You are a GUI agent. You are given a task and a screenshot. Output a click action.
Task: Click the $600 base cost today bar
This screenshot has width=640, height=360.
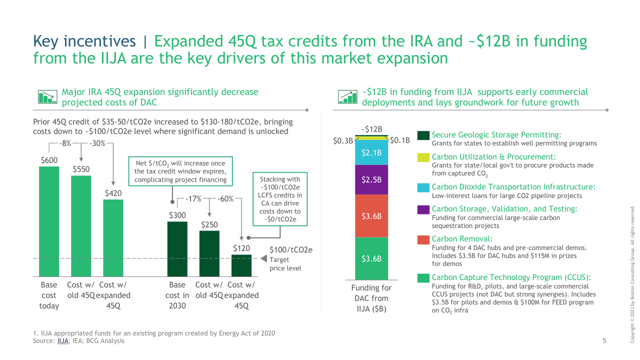(49, 221)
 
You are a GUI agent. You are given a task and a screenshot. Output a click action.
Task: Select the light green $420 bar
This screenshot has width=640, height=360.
(113, 238)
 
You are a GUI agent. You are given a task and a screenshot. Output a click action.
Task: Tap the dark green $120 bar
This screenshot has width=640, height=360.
(241, 265)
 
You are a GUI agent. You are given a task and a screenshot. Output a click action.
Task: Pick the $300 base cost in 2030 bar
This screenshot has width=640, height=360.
(177, 249)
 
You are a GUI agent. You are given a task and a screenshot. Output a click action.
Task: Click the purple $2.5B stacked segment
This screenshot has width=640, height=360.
(371, 179)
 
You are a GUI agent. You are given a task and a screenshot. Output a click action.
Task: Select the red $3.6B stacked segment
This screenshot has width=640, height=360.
(371, 216)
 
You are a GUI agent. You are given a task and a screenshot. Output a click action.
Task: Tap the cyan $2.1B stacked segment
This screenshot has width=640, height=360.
(371, 152)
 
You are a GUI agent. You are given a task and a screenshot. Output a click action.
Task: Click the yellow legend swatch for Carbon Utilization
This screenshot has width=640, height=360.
(423, 157)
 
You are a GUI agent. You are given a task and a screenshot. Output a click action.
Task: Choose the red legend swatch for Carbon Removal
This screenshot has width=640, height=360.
(423, 239)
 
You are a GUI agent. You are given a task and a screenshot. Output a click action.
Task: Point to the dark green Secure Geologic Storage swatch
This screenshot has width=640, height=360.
(423, 135)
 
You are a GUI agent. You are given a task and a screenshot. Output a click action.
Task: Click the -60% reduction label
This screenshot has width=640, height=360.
(225, 199)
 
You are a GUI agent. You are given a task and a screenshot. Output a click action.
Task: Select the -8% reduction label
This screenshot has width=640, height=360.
(65, 143)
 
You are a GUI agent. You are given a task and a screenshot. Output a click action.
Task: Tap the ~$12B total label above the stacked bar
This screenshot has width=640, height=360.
(371, 129)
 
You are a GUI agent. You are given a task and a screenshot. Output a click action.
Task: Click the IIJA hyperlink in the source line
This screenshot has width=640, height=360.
(62, 341)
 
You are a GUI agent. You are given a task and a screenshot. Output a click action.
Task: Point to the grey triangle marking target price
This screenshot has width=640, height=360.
(263, 258)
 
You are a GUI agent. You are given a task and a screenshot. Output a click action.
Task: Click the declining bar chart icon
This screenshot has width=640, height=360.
(47, 96)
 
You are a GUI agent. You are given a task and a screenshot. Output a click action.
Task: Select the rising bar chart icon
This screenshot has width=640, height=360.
(347, 96)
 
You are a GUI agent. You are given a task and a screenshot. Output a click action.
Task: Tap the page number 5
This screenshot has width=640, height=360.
(604, 340)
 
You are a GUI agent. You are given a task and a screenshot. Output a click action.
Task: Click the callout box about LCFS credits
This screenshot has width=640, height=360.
(280, 199)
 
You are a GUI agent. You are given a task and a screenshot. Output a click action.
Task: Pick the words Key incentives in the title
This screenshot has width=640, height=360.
(84, 41)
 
